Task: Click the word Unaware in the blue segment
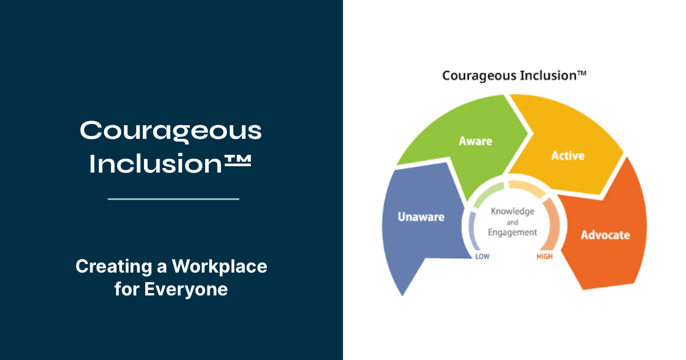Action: [x=421, y=217]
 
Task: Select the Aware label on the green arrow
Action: [x=475, y=141]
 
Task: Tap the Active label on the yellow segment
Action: [x=568, y=155]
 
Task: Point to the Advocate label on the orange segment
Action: [x=605, y=235]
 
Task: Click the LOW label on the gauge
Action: [x=482, y=257]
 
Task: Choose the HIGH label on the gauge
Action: [x=545, y=257]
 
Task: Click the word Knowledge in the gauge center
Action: [x=513, y=211]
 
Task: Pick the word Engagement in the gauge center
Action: [x=512, y=233]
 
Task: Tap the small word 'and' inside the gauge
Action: [x=512, y=222]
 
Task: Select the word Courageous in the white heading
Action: [x=170, y=131]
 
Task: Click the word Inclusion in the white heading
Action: [x=155, y=163]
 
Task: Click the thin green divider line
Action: [x=173, y=199]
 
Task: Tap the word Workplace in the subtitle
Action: [x=220, y=266]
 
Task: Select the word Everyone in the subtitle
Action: [x=186, y=289]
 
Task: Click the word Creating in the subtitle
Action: [x=114, y=266]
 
